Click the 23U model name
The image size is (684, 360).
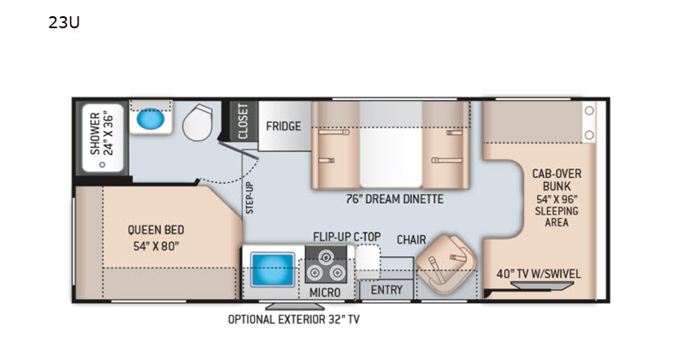coord(63,22)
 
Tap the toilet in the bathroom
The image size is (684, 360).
coord(198,122)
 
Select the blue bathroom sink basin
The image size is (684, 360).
coord(150,118)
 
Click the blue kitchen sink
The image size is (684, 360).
coord(272,269)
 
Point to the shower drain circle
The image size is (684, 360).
coord(103,164)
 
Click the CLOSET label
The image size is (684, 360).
coord(243,121)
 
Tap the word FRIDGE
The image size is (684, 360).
coord(284,126)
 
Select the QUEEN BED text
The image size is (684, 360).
coord(156,230)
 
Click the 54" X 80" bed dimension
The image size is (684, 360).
coord(156,246)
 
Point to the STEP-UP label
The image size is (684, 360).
coord(250,198)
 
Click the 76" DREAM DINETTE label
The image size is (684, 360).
coord(394,199)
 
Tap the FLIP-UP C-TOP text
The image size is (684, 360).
coord(347,237)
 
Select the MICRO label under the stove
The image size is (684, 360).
coord(325,292)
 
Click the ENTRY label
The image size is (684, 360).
coord(386,290)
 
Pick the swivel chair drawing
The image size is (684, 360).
coord(446,264)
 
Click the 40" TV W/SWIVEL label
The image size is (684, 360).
coord(539,274)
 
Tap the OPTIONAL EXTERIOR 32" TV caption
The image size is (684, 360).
coord(293,320)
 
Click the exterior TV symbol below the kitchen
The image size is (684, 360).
coord(289,306)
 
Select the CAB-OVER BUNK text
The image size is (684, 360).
coord(557,180)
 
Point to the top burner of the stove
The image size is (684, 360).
coord(326,257)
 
